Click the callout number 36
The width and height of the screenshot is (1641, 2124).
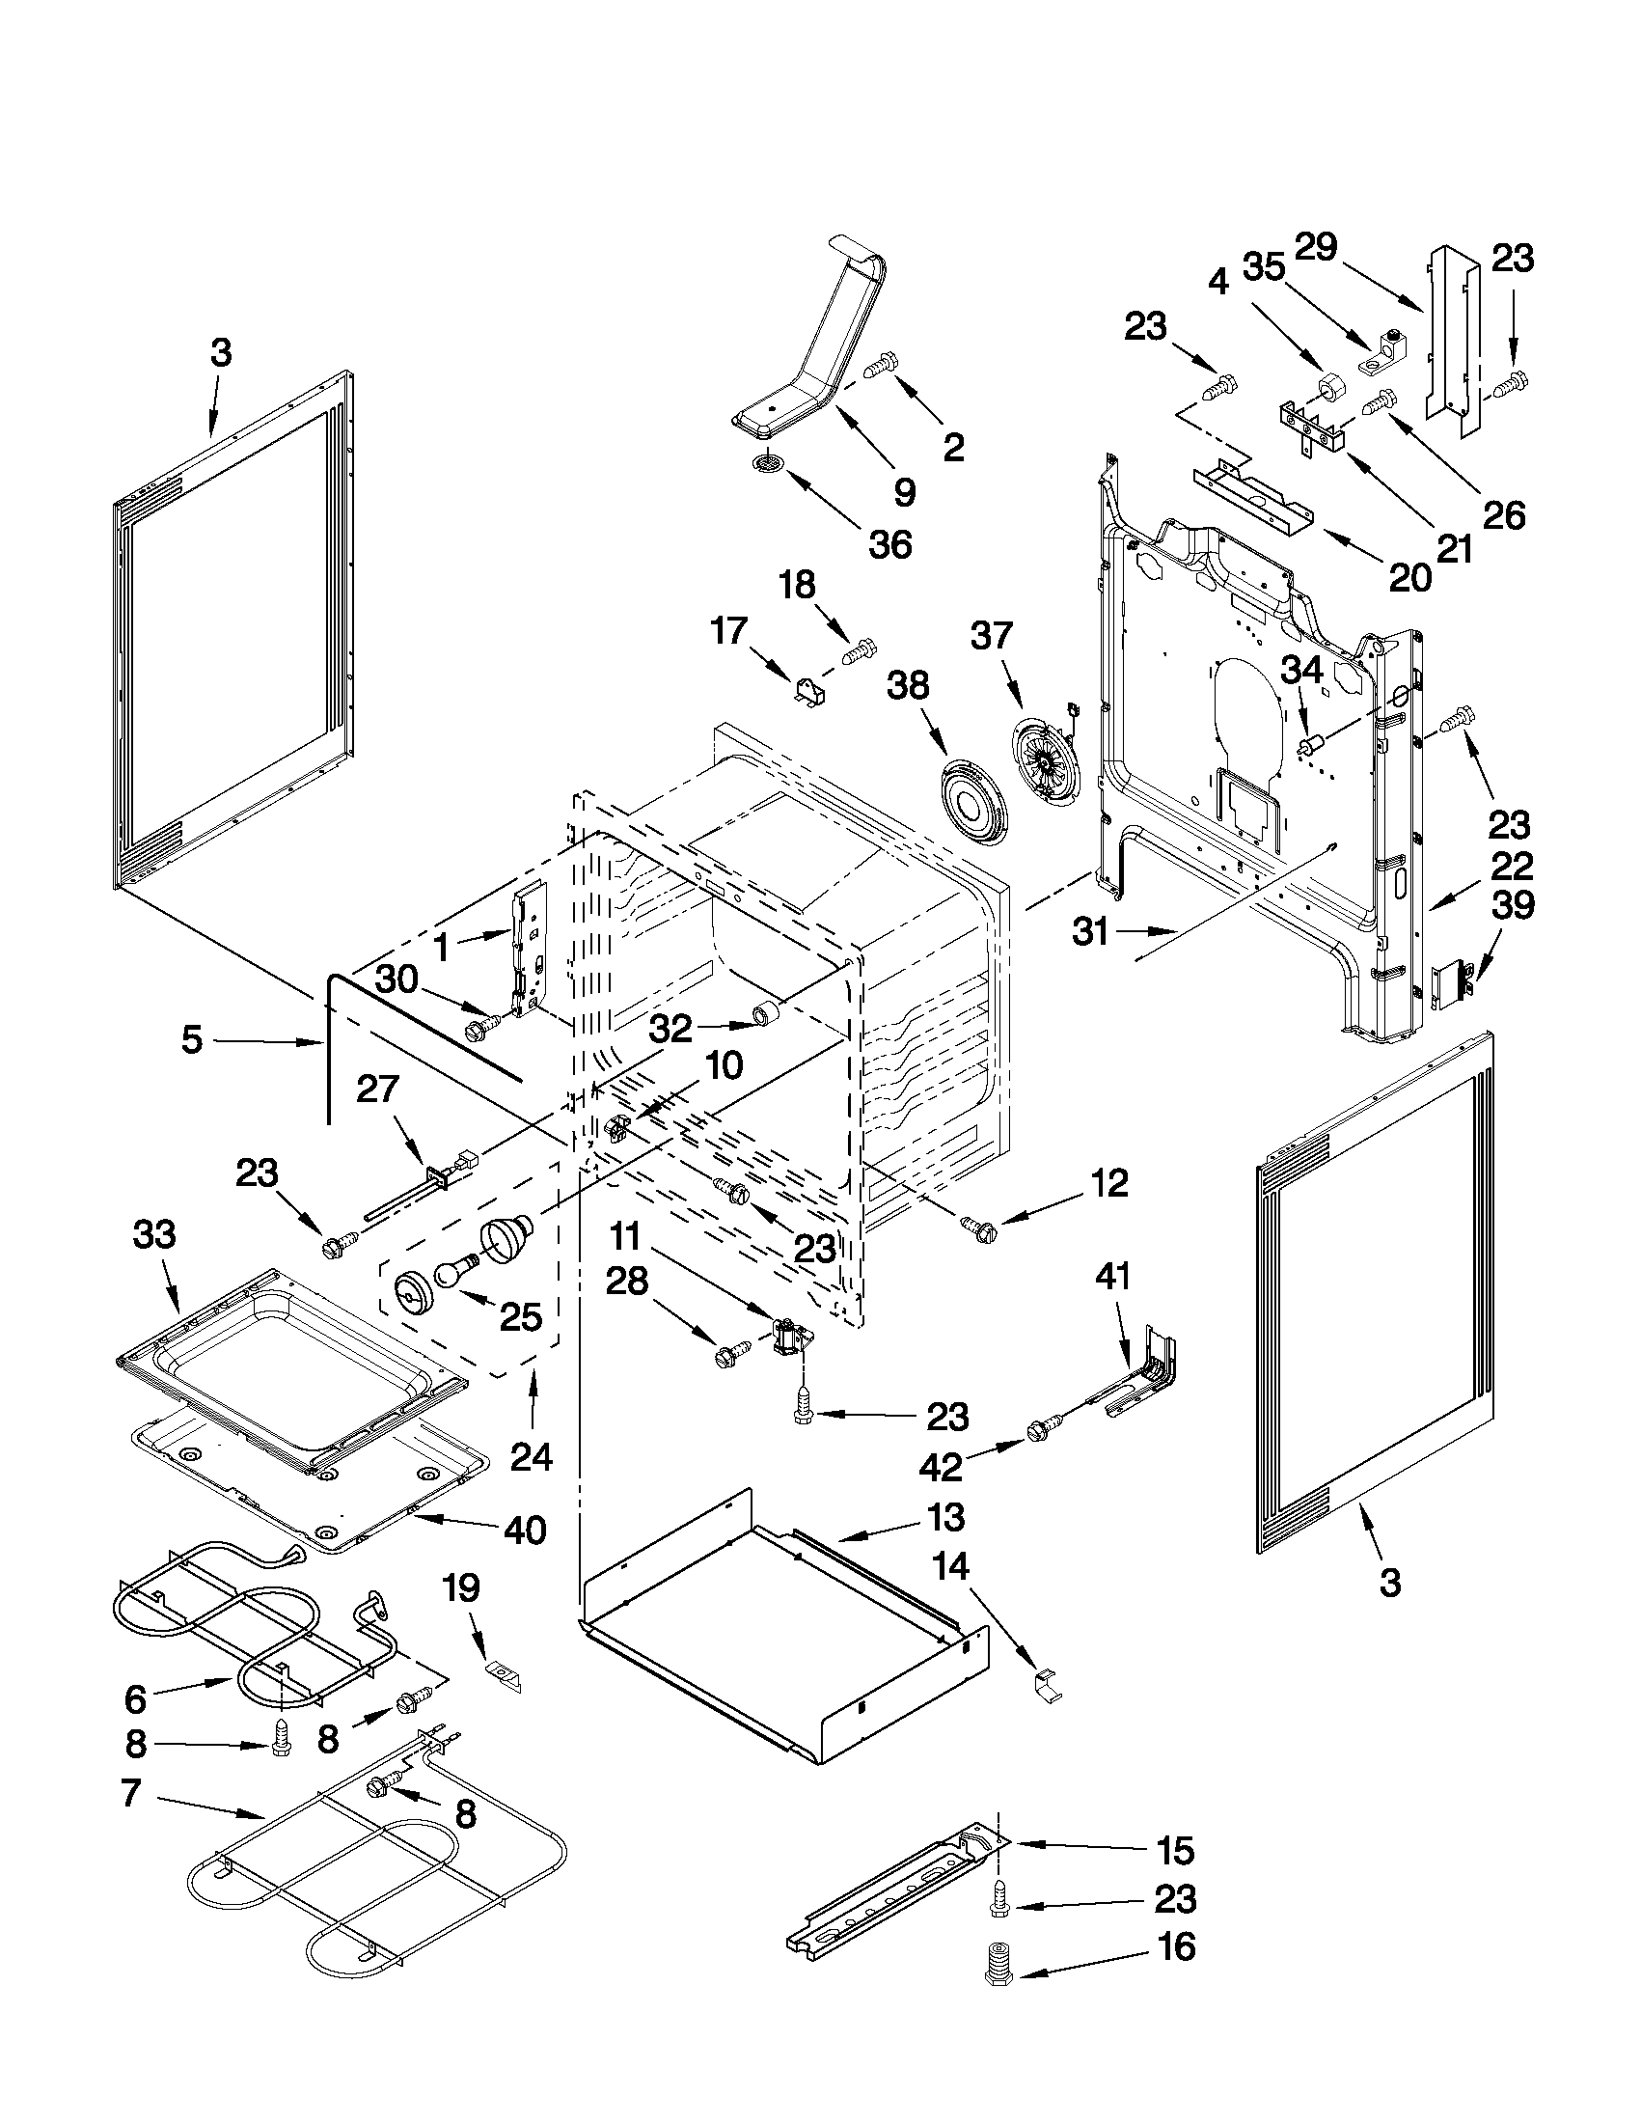pos(889,543)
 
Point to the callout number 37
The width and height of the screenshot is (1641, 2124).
pos(991,636)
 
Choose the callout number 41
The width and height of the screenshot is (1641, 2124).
pos(1113,1276)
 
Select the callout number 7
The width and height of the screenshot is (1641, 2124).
pos(131,1792)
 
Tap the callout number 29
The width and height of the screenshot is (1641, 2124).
pos(1316,246)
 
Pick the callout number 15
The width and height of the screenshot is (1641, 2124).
pos(1174,1852)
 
